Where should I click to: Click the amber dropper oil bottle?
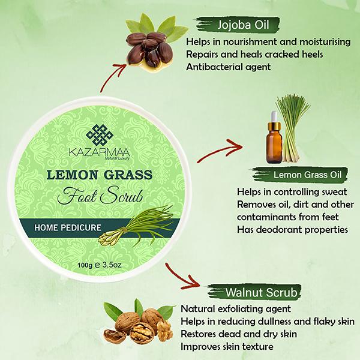tap(276, 140)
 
